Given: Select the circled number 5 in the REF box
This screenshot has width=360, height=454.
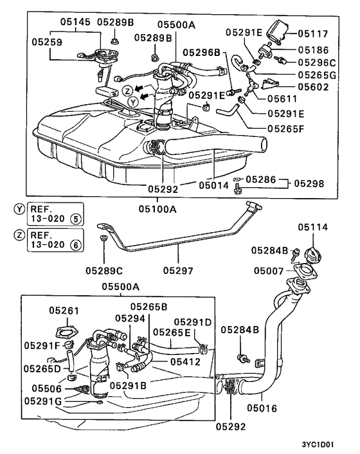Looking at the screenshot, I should click(76, 217).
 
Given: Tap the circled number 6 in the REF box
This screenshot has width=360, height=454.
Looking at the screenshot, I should click(76, 244).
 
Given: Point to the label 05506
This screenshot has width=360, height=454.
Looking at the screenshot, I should click(46, 388).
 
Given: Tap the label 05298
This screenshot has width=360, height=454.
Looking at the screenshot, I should click(309, 184).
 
